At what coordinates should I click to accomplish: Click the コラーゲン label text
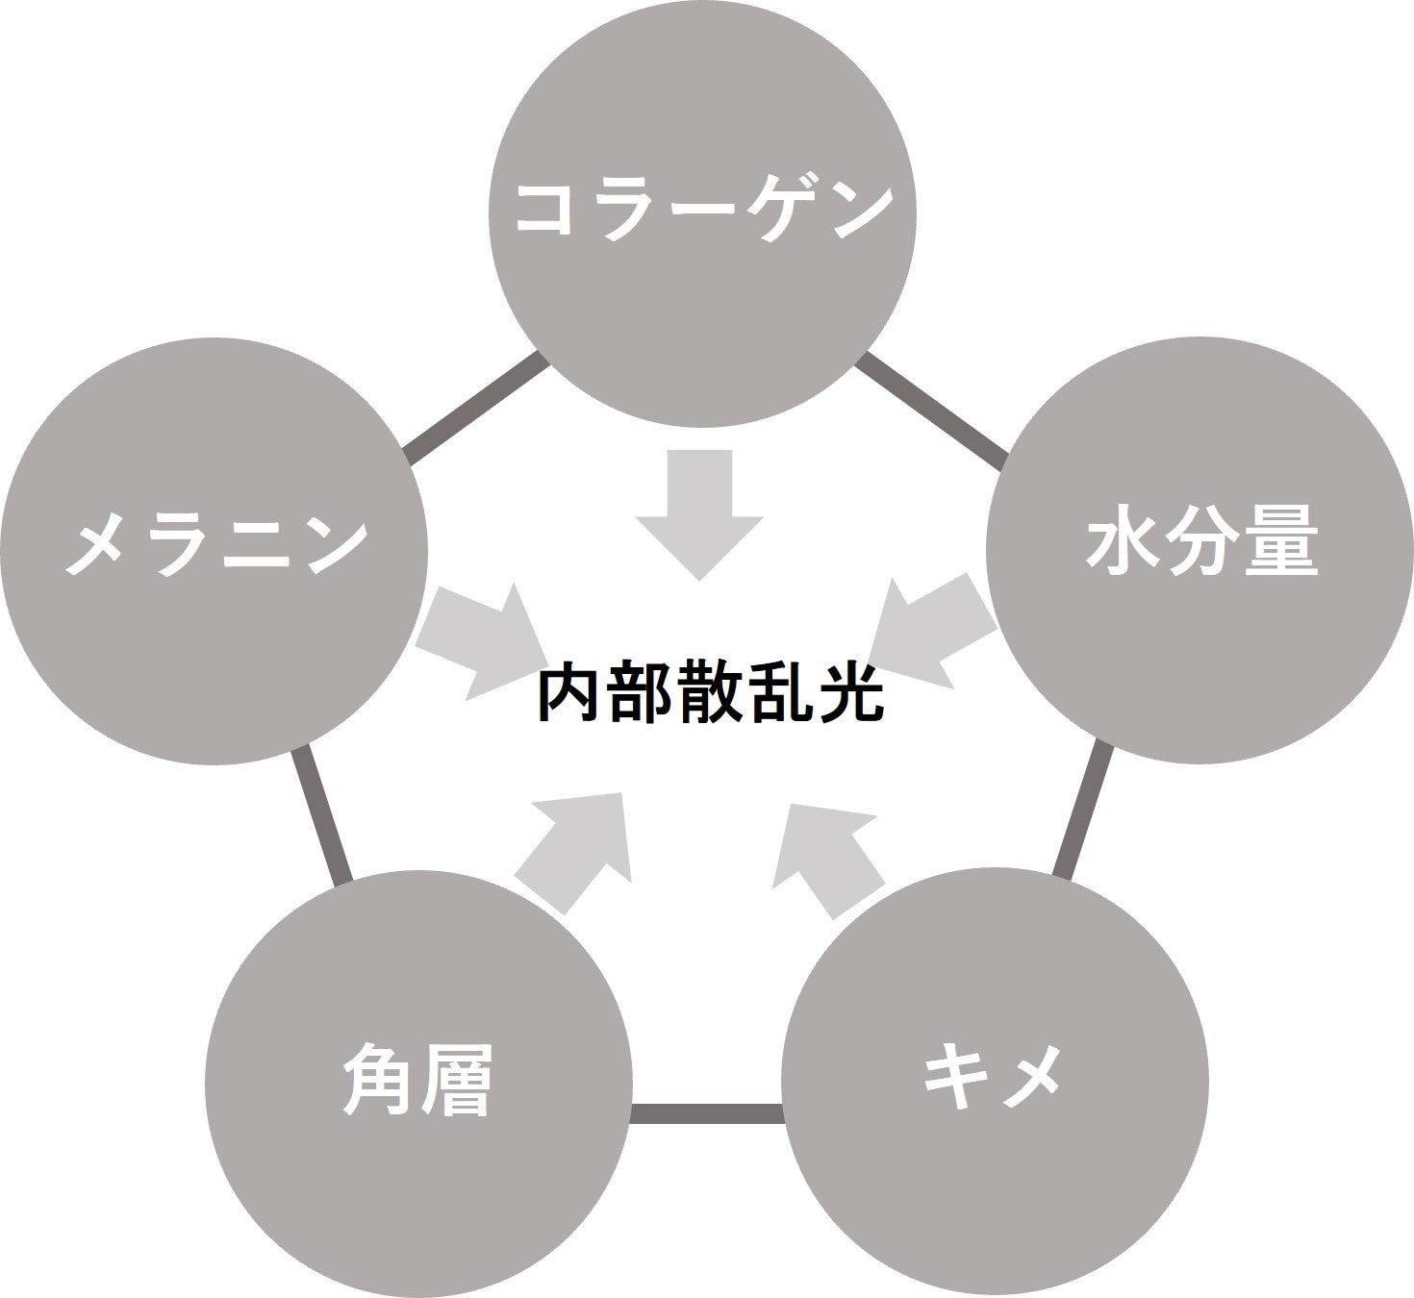(x=700, y=209)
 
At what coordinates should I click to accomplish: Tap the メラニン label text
(x=215, y=545)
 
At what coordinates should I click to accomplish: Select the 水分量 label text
(x=1200, y=545)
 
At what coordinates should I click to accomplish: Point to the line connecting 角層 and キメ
(x=707, y=1113)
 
